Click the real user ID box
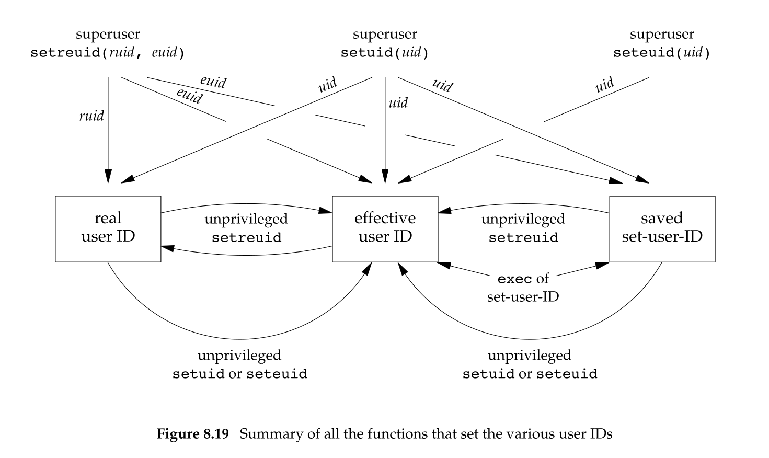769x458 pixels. pyautogui.click(x=108, y=228)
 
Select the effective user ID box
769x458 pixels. pyautogui.click(x=385, y=228)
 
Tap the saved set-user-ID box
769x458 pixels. pyautogui.click(x=662, y=228)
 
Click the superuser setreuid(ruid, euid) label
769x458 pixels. pyautogui.click(x=108, y=44)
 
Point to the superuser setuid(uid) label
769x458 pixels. pyautogui.click(x=385, y=44)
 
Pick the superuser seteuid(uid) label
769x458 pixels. pyautogui.click(x=662, y=44)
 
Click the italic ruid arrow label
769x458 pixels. pyautogui.click(x=91, y=116)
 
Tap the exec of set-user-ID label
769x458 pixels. pyautogui.click(x=523, y=288)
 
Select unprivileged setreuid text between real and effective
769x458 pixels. pyautogui.click(x=246, y=228)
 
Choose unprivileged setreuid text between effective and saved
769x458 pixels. pyautogui.click(x=523, y=228)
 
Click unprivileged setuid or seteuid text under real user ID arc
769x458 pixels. pyautogui.click(x=239, y=364)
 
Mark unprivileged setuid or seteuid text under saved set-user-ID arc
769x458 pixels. pyautogui.click(x=530, y=364)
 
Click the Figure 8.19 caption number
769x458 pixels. pyautogui.click(x=193, y=434)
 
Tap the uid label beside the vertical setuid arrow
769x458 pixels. pyautogui.click(x=398, y=102)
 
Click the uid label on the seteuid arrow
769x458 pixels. pyautogui.click(x=605, y=85)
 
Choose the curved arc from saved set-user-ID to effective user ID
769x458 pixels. pyautogui.click(x=528, y=339)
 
